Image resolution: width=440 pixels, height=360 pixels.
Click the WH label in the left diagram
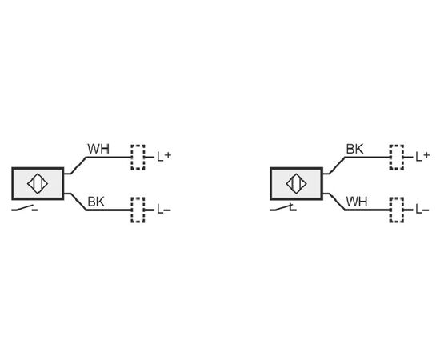98,149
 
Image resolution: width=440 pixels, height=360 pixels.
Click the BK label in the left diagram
96,202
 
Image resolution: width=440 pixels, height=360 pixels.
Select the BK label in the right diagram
354,149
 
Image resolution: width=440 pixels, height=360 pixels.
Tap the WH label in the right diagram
357,202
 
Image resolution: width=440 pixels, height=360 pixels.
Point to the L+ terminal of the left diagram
164,157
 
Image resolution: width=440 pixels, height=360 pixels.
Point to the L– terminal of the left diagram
164,210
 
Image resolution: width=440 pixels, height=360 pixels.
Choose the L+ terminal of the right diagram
422,157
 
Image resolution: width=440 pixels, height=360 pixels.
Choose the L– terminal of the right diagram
422,210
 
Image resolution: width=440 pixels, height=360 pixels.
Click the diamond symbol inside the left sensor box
38,184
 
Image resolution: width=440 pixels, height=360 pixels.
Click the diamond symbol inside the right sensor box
296,184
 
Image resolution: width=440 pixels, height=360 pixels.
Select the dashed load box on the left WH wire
138,157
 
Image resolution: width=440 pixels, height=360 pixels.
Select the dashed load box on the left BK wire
138,210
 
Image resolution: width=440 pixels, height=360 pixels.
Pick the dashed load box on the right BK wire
397,157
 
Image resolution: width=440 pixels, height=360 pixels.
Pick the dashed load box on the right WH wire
397,210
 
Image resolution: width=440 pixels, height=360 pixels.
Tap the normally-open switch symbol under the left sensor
25,208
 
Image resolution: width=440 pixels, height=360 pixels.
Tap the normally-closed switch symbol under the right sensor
283,208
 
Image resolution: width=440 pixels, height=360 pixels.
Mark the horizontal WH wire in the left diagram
109,157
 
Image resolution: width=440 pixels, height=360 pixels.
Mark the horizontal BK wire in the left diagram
109,210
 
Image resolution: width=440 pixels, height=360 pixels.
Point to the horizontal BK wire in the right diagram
367,157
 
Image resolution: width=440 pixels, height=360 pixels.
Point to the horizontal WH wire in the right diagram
367,210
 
